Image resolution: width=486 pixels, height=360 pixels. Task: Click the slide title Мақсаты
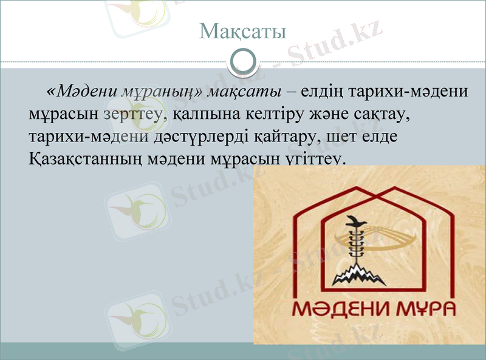click(x=242, y=30)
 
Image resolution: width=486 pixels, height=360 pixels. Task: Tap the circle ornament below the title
click(x=243, y=61)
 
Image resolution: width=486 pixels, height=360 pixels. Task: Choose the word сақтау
click(x=387, y=114)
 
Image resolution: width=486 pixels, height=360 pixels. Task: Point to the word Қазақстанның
click(x=84, y=158)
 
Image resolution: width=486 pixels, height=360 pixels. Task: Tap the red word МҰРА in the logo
click(x=424, y=309)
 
